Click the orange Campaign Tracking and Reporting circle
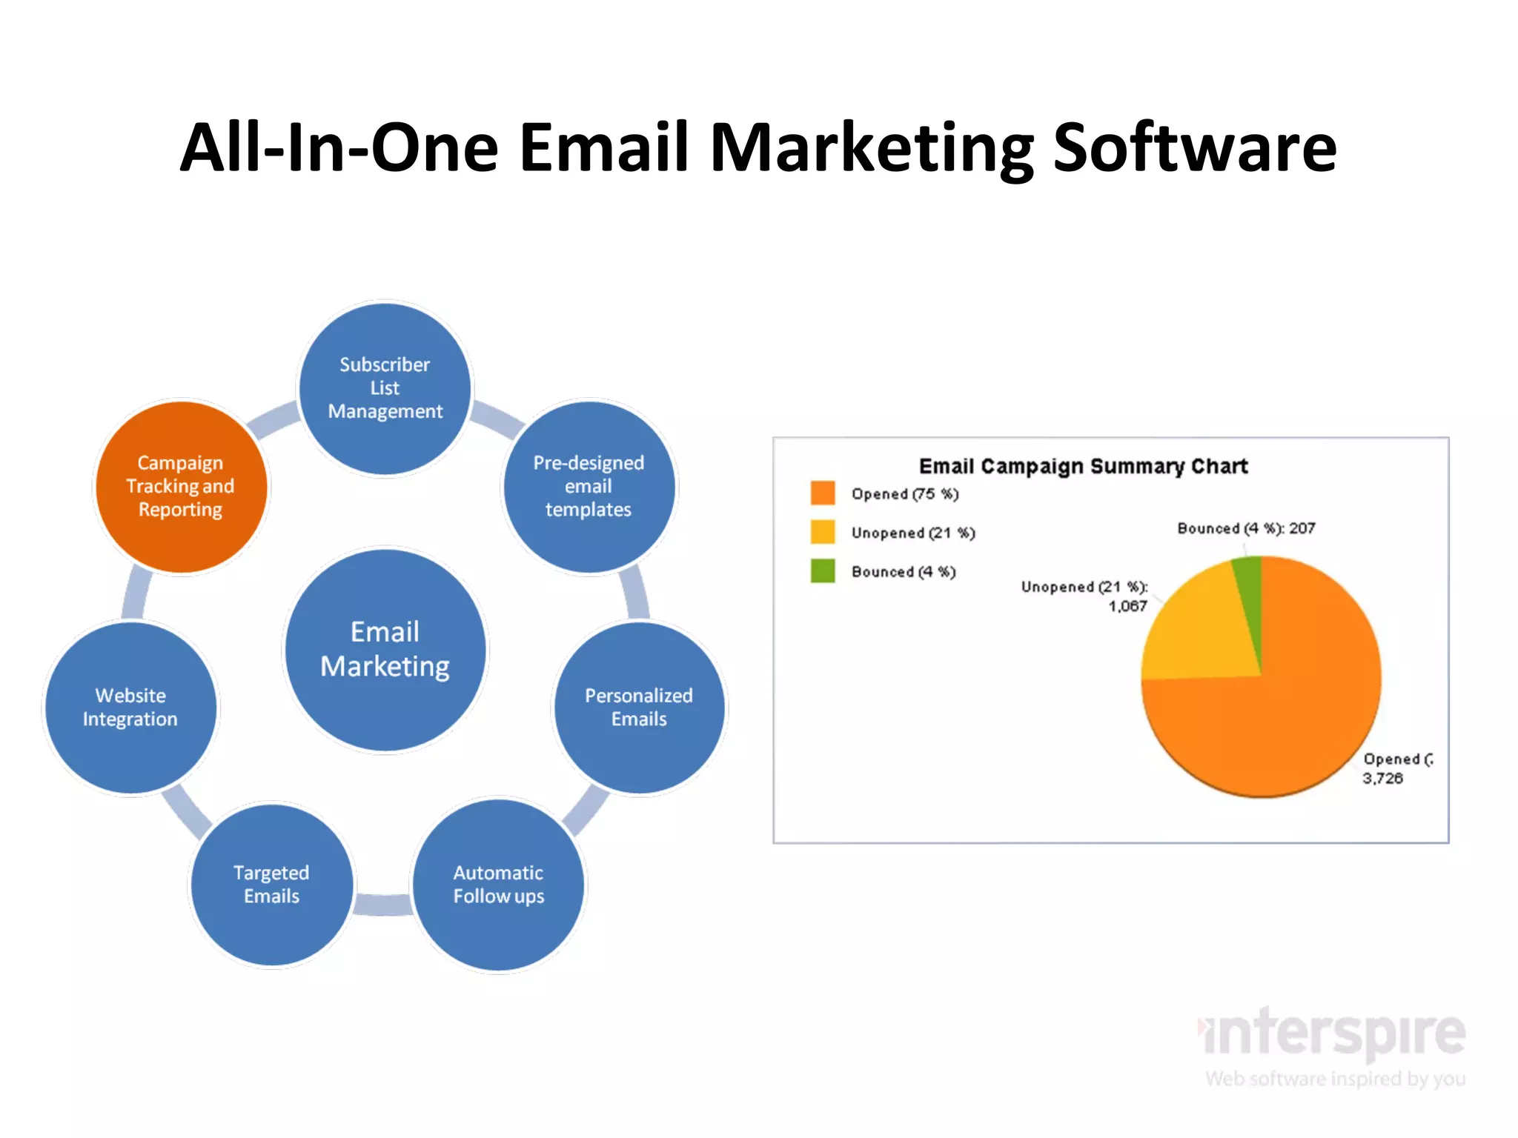pos(181,487)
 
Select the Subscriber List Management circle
pos(385,388)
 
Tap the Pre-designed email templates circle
pos(589,487)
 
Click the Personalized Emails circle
pos(639,708)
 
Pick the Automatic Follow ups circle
pos(499,885)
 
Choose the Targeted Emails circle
pos(271,885)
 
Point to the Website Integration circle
pos(130,708)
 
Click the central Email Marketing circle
pos(385,650)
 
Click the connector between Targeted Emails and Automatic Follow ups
pos(383,904)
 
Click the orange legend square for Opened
pos(823,493)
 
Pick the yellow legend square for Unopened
pos(823,532)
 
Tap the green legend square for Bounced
pos(823,570)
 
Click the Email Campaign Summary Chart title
pos(1083,466)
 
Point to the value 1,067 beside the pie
pos(1127,606)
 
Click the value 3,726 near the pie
pos(1382,778)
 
